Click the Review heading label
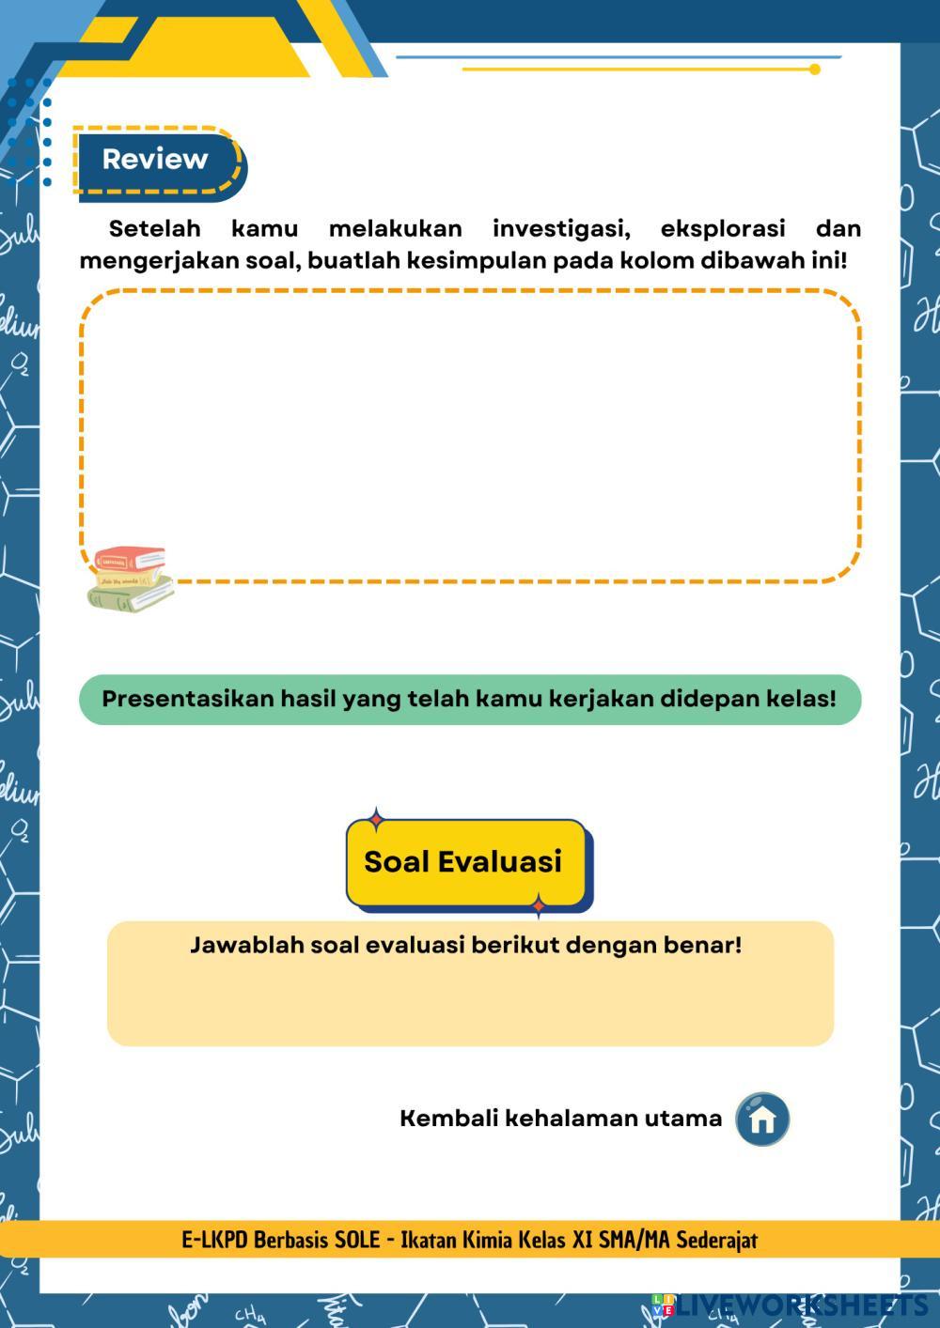pyautogui.click(x=155, y=160)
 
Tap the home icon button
pyautogui.click(x=762, y=1119)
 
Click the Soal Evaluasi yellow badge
pyautogui.click(x=463, y=861)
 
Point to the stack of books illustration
pyautogui.click(x=130, y=579)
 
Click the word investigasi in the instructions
pyautogui.click(x=561, y=229)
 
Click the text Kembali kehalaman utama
pyautogui.click(x=561, y=1119)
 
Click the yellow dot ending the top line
pyautogui.click(x=815, y=69)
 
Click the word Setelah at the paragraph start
pyautogui.click(x=155, y=229)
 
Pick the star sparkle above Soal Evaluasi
pyautogui.click(x=377, y=818)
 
